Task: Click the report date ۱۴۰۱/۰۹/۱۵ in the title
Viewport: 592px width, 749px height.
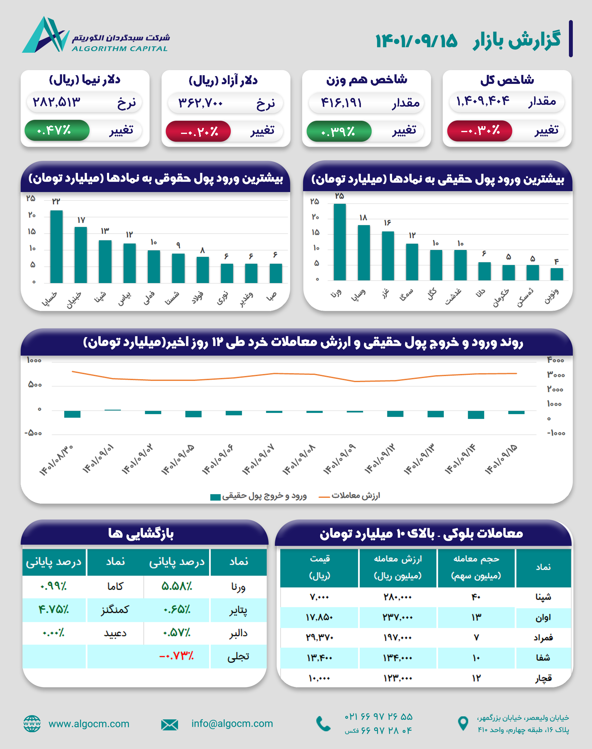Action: click(x=416, y=41)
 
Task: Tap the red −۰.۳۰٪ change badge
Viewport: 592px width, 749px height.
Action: click(x=480, y=131)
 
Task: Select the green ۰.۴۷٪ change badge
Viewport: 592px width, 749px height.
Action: click(x=57, y=130)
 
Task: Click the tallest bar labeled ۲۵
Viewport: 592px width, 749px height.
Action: click(x=339, y=242)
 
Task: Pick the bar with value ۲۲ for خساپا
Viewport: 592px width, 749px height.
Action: click(x=56, y=246)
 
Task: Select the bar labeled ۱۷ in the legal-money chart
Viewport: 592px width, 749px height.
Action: click(x=81, y=255)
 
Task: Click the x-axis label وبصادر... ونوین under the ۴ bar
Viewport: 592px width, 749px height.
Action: click(x=552, y=295)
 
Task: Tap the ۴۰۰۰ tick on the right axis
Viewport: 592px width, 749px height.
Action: click(x=556, y=360)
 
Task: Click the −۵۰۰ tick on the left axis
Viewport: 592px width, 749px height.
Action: click(x=33, y=433)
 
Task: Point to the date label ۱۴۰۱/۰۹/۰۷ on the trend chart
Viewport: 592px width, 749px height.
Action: click(x=258, y=459)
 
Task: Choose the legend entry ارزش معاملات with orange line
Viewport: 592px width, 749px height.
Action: click(x=350, y=496)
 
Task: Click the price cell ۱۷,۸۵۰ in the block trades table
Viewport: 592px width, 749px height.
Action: click(x=319, y=617)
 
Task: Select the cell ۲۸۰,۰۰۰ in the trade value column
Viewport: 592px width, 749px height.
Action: click(x=397, y=597)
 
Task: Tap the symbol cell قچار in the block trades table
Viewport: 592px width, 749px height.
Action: click(x=543, y=678)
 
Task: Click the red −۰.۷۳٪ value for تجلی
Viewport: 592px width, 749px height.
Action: click(x=177, y=656)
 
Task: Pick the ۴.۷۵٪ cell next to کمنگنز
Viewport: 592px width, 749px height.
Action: click(x=54, y=609)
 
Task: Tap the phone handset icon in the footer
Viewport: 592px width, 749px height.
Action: click(x=323, y=724)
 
